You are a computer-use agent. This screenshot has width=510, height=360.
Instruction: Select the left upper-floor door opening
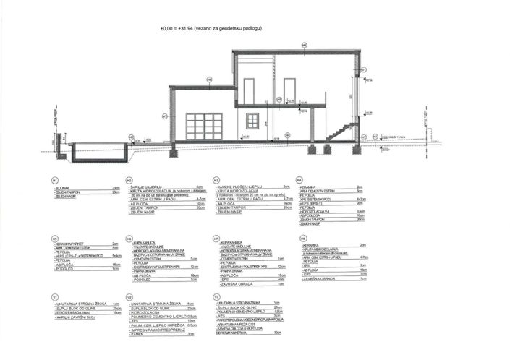248,90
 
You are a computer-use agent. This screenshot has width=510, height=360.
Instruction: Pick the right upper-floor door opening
289,90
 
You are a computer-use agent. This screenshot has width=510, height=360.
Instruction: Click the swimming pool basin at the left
101,153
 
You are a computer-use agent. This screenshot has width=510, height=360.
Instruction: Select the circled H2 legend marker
129,179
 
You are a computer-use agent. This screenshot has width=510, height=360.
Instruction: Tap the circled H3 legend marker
216,179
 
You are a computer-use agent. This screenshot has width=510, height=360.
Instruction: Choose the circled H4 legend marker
299,179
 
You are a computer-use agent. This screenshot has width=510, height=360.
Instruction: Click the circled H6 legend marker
129,238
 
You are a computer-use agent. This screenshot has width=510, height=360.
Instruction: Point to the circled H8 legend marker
299,238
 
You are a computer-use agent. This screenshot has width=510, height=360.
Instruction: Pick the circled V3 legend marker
216,296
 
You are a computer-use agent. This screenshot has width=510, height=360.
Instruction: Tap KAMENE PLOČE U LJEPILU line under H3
242,186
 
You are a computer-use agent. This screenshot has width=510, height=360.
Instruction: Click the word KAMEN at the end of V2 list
138,335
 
